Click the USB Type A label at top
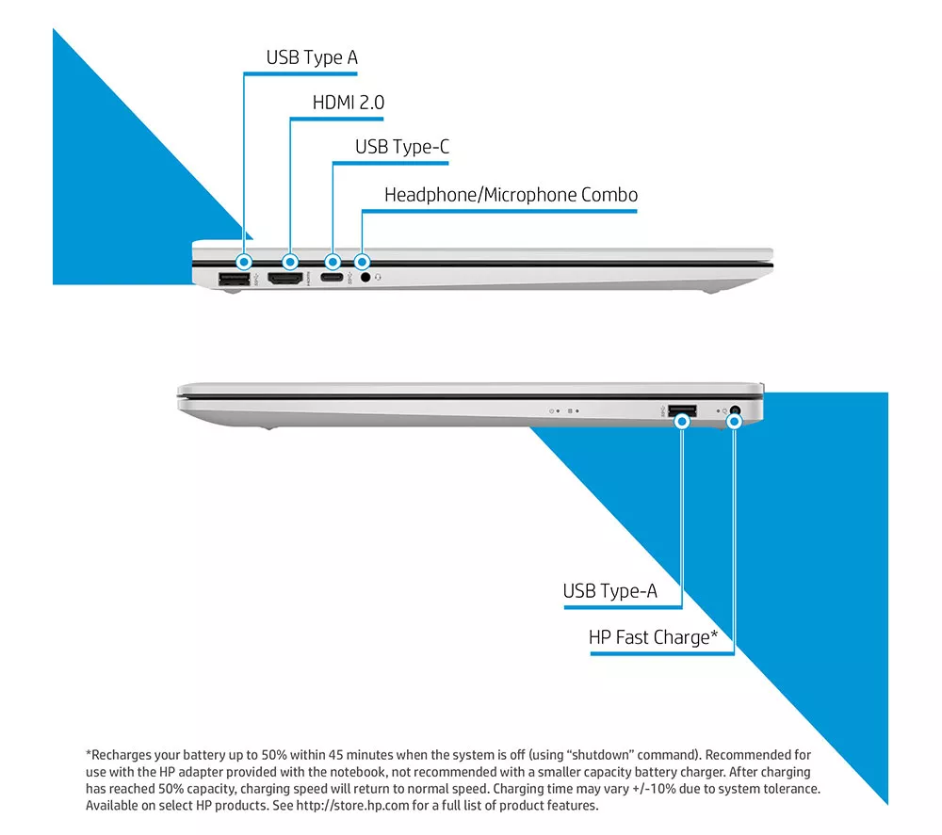point(312,57)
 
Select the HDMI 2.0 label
point(349,103)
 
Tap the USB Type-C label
point(402,147)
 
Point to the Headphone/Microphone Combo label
point(511,195)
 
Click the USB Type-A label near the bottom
point(609,591)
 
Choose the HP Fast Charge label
point(653,637)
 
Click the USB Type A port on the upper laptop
point(235,279)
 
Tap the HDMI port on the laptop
point(285,279)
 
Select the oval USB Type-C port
point(331,278)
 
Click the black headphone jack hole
point(365,278)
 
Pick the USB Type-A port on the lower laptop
point(682,411)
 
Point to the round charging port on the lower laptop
point(735,411)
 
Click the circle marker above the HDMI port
point(290,263)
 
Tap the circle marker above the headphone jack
point(362,263)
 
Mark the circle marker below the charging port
point(734,422)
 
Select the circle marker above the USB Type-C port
point(333,263)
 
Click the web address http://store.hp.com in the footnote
point(352,806)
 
